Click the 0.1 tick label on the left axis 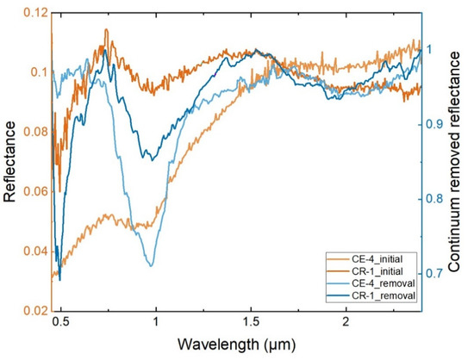33,72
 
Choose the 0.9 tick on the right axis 439,124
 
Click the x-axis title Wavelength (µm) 236,345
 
